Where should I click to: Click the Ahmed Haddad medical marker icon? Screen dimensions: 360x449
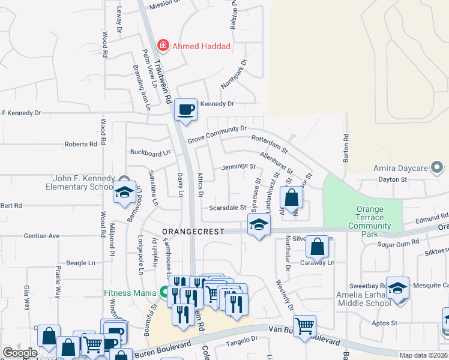[x=162, y=46]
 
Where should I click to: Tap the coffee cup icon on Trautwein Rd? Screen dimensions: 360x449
[x=185, y=110]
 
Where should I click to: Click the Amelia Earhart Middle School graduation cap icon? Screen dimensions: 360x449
[x=397, y=289]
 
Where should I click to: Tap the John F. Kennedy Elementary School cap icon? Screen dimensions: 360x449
[x=124, y=193]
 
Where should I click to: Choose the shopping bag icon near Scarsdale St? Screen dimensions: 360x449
[x=291, y=198]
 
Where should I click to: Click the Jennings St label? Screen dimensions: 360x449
[x=239, y=167]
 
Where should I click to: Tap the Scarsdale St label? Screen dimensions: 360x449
[x=228, y=208]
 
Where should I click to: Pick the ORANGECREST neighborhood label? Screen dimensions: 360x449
[x=192, y=231]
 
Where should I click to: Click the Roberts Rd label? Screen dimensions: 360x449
[x=81, y=145]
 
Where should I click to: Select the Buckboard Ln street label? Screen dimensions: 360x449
[x=150, y=153]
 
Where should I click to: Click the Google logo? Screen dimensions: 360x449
[x=20, y=353]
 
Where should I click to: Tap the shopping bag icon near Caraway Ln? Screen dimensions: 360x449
[x=319, y=246]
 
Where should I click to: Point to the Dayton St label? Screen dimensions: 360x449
[x=393, y=179]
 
